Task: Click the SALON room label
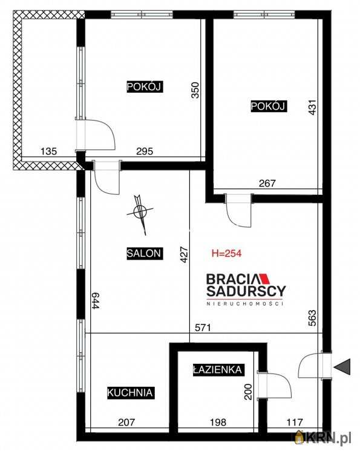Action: (145, 254)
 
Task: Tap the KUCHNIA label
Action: (131, 393)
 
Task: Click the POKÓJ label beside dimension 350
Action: (145, 87)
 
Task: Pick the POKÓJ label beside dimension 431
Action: (269, 107)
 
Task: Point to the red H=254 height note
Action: (227, 254)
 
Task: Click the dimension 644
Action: (96, 300)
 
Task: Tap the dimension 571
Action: (203, 327)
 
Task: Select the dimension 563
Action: (313, 318)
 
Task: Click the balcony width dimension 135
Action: (48, 151)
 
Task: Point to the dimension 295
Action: (145, 151)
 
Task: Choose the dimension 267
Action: (267, 183)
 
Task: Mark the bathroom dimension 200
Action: (248, 392)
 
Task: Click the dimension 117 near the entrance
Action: (295, 422)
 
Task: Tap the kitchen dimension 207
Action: (126, 422)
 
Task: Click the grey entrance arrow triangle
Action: (342, 367)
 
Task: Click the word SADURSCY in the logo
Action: (246, 291)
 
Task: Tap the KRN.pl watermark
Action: (323, 436)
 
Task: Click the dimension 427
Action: (185, 254)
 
